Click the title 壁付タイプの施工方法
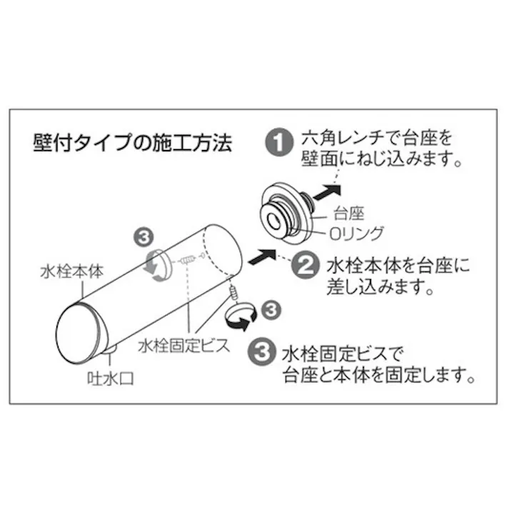[x=132, y=143]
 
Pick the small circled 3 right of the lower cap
[x=270, y=308]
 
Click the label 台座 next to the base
[x=349, y=212]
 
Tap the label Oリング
[x=356, y=232]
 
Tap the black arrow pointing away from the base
[x=327, y=191]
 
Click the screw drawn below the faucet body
[x=233, y=289]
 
